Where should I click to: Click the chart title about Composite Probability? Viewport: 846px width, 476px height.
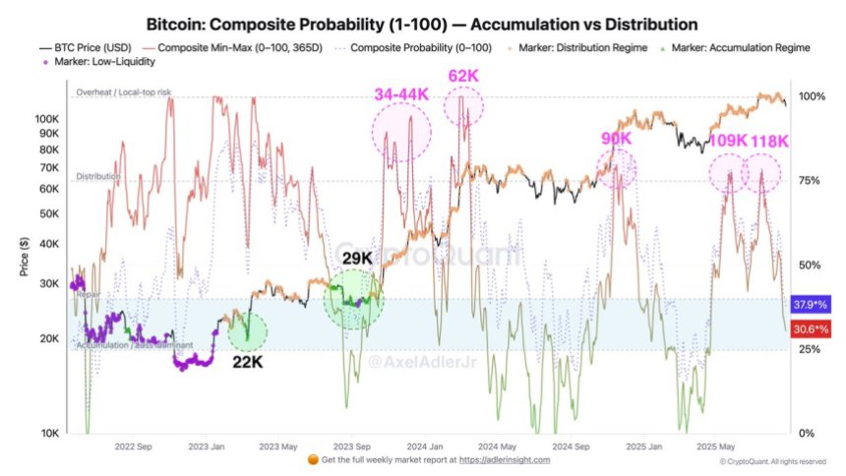point(423,23)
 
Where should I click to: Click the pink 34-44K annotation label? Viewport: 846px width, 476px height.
point(401,94)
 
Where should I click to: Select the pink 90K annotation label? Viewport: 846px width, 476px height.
point(617,140)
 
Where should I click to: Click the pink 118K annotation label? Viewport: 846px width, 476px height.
point(770,141)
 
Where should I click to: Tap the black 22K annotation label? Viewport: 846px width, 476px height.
point(246,362)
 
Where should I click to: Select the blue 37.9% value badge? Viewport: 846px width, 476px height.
point(809,304)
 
